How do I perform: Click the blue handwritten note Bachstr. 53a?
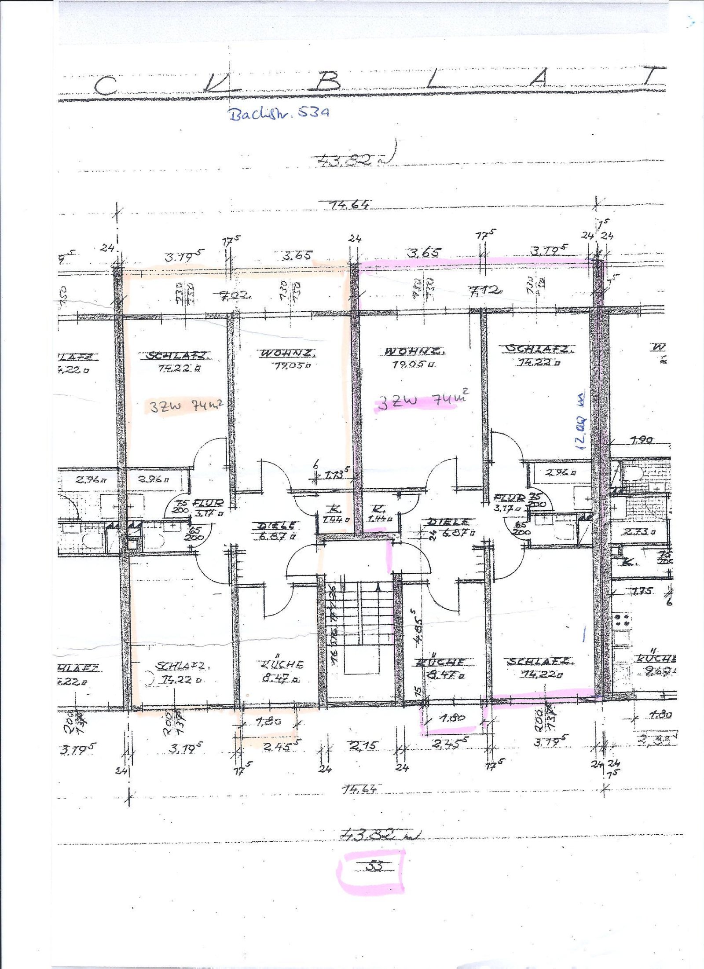click(279, 114)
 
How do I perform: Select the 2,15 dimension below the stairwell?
click(363, 745)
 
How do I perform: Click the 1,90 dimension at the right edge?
click(642, 440)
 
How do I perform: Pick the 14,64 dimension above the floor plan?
click(350, 205)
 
